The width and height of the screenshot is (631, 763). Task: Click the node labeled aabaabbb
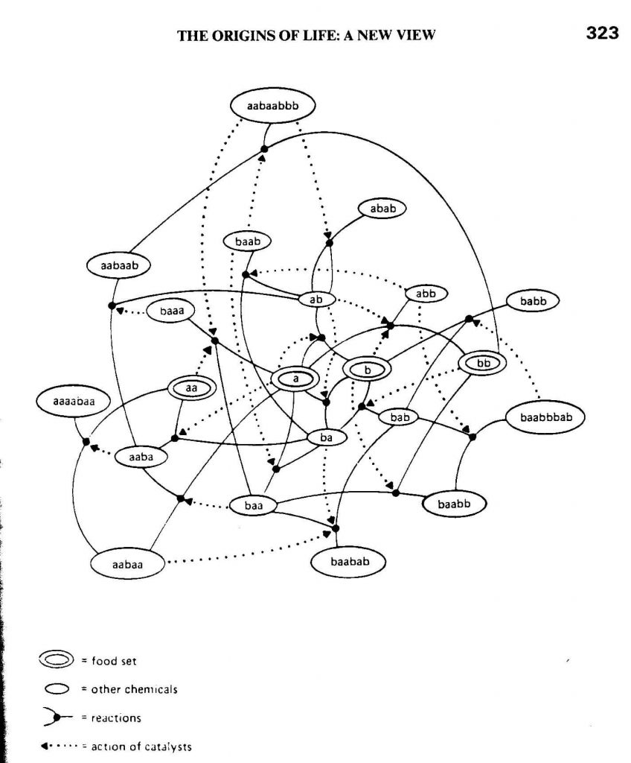(x=272, y=107)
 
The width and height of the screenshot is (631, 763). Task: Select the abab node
(x=382, y=209)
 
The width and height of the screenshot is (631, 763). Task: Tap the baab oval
(x=248, y=241)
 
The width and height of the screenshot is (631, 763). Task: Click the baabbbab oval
(x=545, y=416)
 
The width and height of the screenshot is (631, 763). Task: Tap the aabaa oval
(x=127, y=564)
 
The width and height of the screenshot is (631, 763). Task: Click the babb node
(x=533, y=302)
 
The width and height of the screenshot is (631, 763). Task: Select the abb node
(x=425, y=294)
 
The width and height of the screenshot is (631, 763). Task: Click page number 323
(x=603, y=34)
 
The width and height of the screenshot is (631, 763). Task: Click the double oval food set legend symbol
(x=57, y=659)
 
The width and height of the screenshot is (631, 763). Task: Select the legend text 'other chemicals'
(x=134, y=689)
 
